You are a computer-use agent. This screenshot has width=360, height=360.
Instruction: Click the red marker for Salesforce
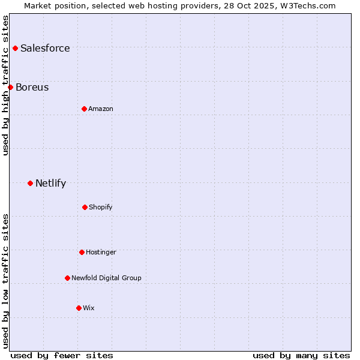point(15,48)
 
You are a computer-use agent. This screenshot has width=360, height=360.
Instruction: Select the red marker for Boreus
point(10,87)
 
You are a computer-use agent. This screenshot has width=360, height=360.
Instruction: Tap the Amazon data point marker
point(84,109)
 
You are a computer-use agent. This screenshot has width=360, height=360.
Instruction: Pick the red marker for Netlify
point(30,183)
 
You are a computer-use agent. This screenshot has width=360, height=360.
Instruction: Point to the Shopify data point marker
point(85,207)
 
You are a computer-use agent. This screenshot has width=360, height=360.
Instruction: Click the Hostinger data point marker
point(82,252)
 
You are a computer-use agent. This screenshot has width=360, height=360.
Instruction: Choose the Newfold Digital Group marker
point(67,278)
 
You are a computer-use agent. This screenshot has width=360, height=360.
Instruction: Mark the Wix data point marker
point(79,308)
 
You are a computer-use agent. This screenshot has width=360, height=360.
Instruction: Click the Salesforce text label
point(45,48)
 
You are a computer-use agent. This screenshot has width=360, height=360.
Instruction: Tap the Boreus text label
point(32,87)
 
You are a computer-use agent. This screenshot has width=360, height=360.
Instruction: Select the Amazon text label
point(101,109)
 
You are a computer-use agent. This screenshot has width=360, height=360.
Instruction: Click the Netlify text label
point(50,183)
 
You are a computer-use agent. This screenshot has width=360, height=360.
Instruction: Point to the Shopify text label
point(101,207)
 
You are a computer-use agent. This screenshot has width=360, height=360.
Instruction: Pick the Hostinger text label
point(101,252)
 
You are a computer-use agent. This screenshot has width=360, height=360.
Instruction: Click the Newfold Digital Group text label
point(106,278)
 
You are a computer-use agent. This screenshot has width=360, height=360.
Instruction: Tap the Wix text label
point(89,308)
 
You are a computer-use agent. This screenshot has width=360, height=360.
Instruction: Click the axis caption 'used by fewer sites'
point(62,355)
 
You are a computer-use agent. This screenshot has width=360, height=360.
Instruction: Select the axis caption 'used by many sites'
point(301,355)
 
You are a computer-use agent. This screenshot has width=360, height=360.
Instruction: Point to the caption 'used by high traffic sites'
point(5,85)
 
